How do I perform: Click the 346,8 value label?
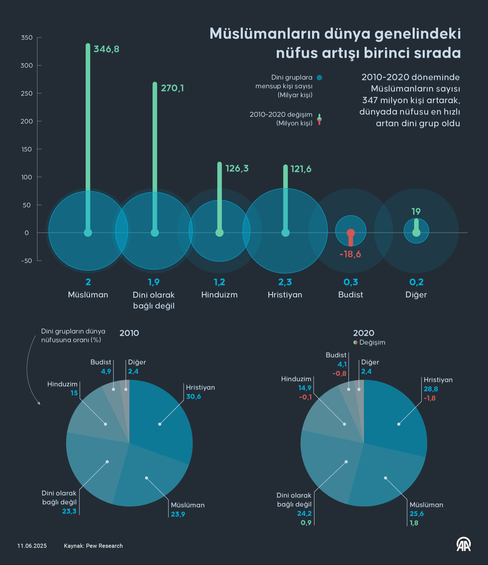tap(106, 49)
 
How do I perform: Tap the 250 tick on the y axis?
tap(27, 94)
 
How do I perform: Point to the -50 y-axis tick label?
tap(27, 261)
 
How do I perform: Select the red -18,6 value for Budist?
tap(350, 254)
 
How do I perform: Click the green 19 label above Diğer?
tap(416, 212)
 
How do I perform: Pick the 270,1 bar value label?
tap(172, 88)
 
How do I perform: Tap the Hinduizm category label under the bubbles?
tap(219, 295)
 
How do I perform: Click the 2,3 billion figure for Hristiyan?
tap(285, 282)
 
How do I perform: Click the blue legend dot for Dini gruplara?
tap(319, 78)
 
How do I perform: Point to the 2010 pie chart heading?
tap(129, 333)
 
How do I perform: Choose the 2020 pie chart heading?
tap(363, 333)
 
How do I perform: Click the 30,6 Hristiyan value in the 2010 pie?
tap(194, 397)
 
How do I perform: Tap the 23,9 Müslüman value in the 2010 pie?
tap(178, 514)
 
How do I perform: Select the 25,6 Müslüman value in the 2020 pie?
tap(417, 514)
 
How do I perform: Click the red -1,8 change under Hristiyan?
tap(430, 398)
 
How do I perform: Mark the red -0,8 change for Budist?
tap(339, 374)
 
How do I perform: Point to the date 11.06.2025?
tap(32, 546)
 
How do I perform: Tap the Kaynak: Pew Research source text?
tap(93, 546)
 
